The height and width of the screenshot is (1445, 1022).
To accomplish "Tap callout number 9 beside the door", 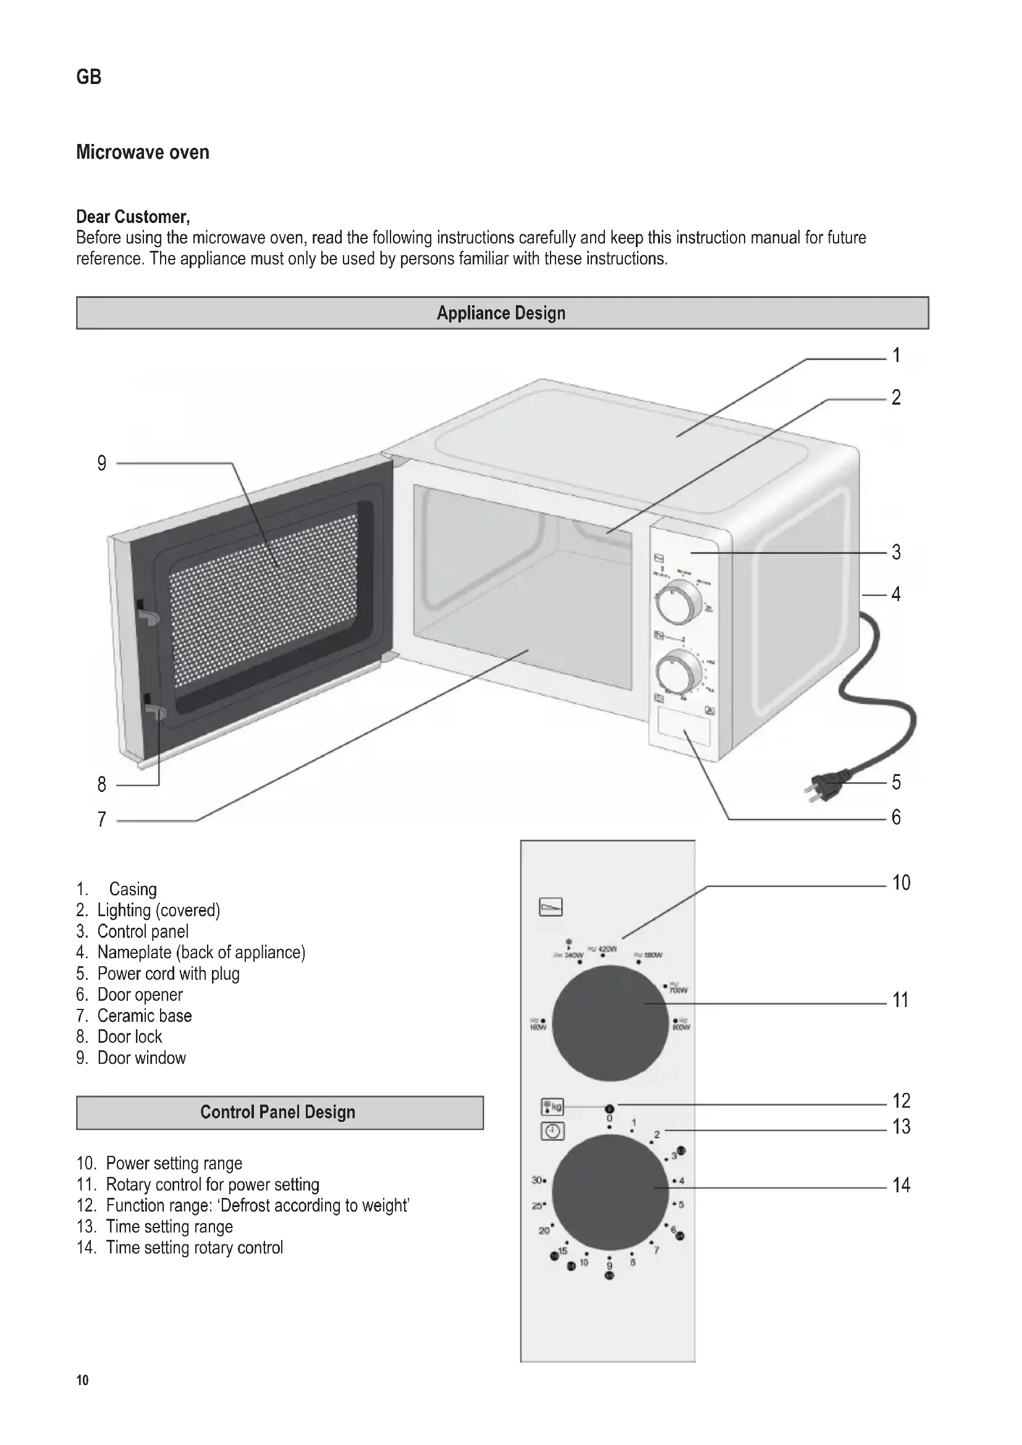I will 102,464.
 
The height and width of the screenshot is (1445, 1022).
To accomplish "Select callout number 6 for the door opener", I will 896,817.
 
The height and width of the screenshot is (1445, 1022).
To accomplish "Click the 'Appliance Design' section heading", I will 502,313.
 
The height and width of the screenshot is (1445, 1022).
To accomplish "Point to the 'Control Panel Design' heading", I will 277,1112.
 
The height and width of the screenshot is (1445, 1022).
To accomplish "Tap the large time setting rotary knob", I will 609,1192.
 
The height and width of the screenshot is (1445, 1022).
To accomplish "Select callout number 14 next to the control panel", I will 901,1186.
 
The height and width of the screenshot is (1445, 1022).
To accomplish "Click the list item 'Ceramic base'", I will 144,1016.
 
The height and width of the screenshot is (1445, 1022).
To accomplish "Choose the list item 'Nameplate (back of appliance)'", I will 201,952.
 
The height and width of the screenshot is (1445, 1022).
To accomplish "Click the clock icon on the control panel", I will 552,1131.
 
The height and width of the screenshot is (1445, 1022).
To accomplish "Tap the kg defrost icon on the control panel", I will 552,1106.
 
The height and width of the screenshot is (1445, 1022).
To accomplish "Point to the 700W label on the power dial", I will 678,990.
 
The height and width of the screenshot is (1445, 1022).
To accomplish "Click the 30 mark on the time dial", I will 538,1180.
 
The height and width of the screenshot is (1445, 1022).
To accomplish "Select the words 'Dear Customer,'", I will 133,217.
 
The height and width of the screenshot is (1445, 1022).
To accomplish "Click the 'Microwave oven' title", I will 143,153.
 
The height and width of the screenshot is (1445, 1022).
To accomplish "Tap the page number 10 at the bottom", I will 82,1380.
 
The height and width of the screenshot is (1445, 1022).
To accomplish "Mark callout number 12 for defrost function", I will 901,1101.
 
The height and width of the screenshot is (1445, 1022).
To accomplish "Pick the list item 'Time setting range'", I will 169,1227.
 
